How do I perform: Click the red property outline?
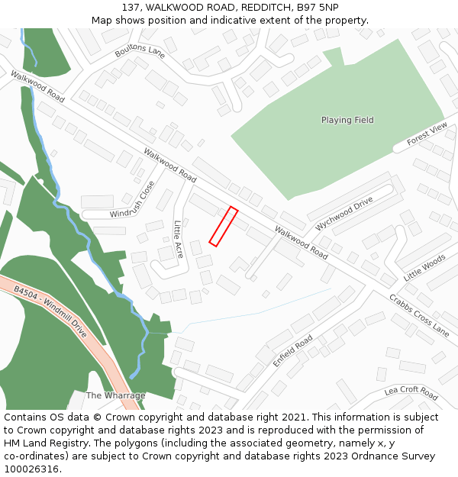click(x=224, y=227)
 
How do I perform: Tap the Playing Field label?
click(x=347, y=120)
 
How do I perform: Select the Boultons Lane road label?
click(x=140, y=50)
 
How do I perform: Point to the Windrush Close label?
click(x=132, y=200)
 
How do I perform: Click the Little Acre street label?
click(x=178, y=239)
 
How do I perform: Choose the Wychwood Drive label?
click(x=344, y=214)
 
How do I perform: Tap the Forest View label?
click(x=427, y=134)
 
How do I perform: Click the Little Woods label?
click(x=424, y=269)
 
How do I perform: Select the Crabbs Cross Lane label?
click(x=419, y=315)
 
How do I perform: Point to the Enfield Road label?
click(x=292, y=350)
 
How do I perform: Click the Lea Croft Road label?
click(x=411, y=393)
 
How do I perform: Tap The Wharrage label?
click(x=115, y=395)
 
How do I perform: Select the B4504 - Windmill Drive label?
click(x=50, y=312)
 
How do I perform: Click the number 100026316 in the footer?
click(x=31, y=469)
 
